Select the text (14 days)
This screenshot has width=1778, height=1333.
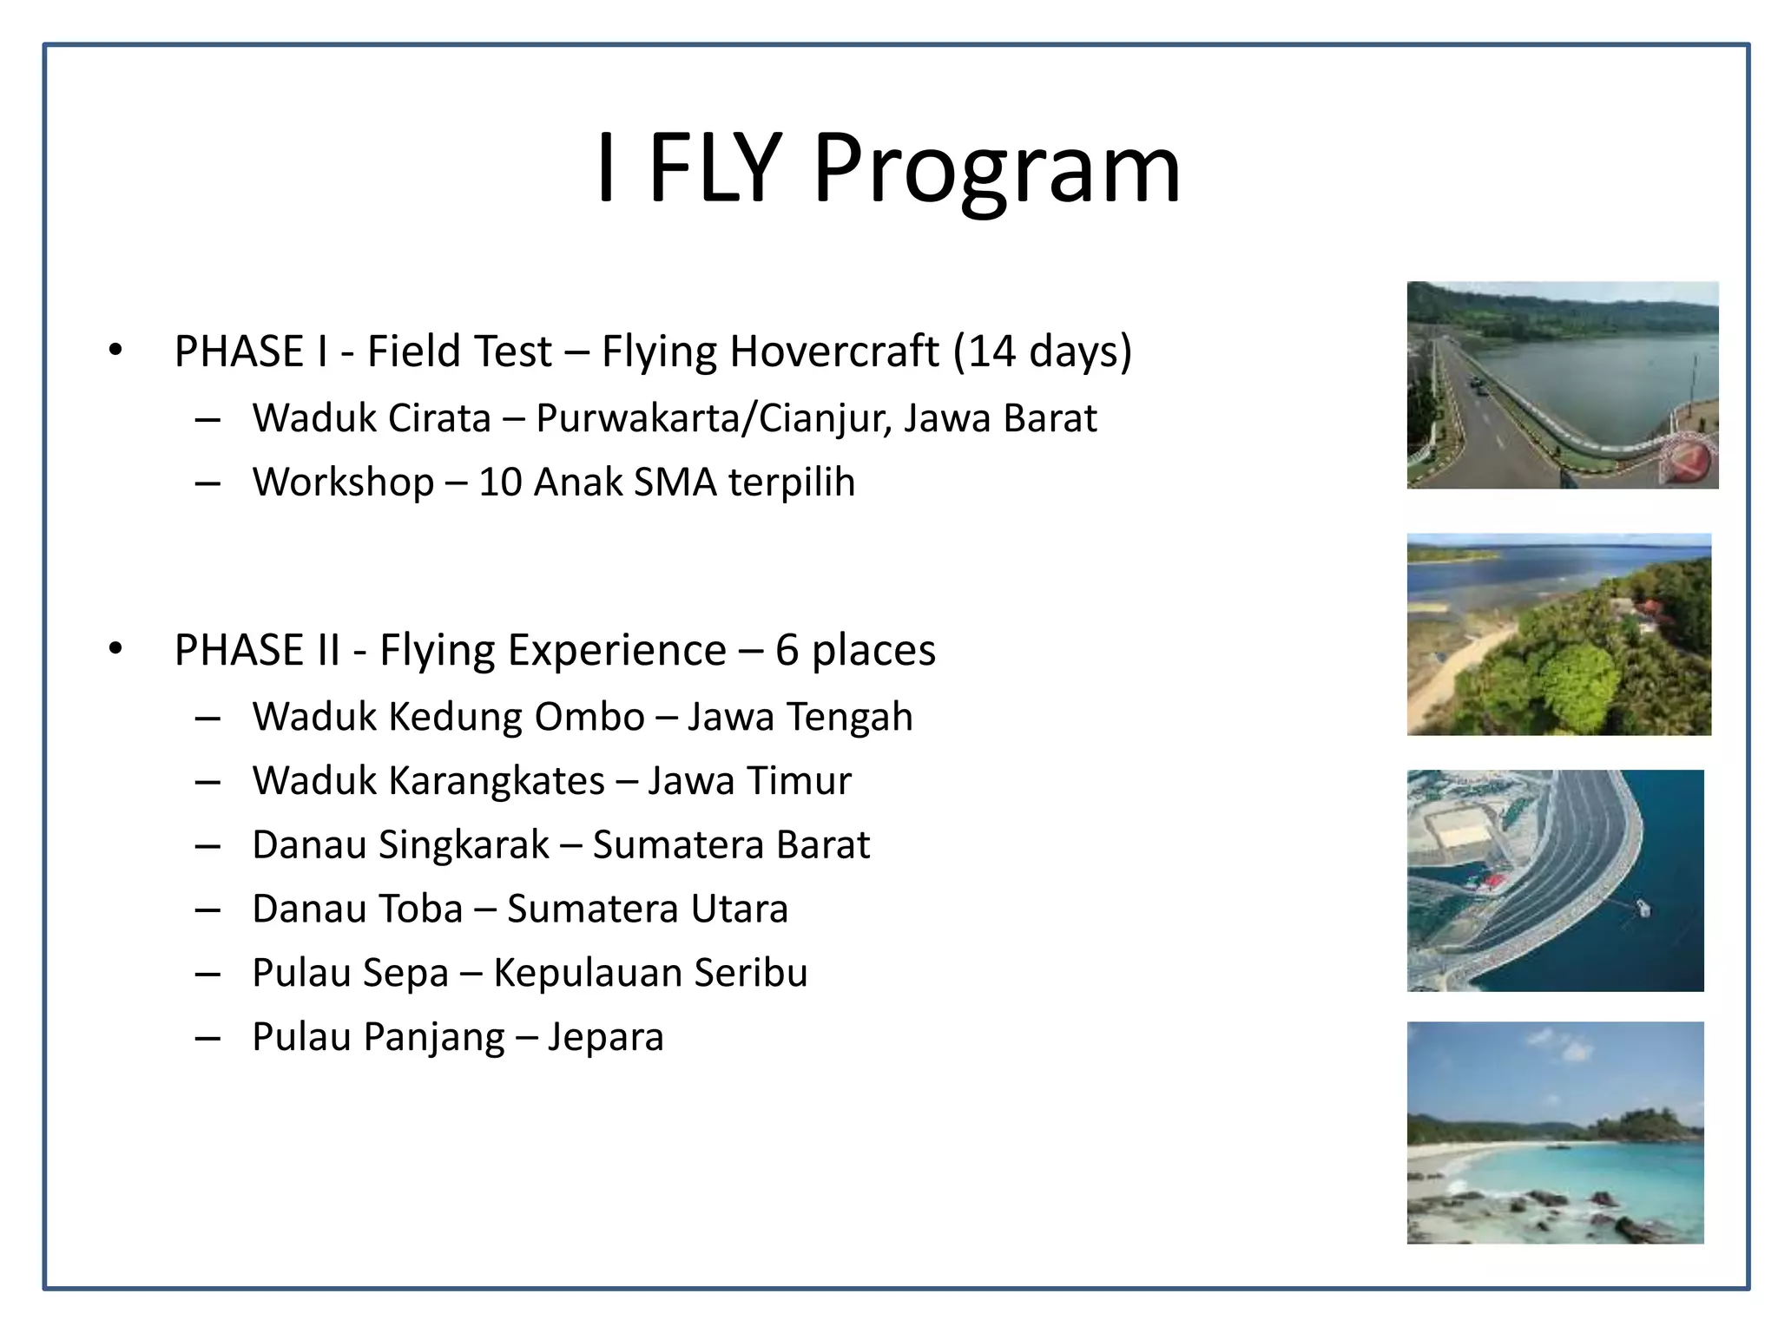click(x=1042, y=351)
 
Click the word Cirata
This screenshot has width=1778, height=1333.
click(x=439, y=418)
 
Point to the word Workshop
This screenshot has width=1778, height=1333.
click(x=343, y=483)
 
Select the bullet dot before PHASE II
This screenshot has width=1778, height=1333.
click(x=115, y=648)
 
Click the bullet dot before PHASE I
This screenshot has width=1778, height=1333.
click(x=115, y=350)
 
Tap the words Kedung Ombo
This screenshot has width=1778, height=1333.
click(x=516, y=717)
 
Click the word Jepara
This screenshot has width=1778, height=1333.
click(x=605, y=1037)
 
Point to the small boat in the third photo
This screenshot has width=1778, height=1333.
click(x=1643, y=908)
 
